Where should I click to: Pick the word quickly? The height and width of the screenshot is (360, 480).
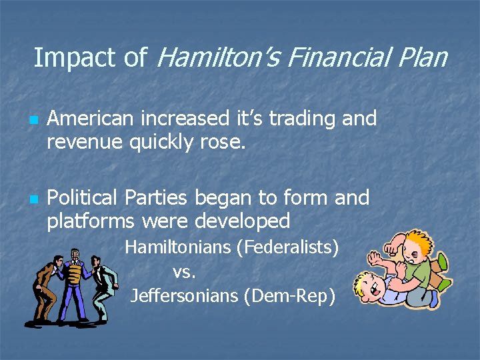[x=155, y=141]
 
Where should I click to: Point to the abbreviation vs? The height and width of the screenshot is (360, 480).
[x=183, y=271]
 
